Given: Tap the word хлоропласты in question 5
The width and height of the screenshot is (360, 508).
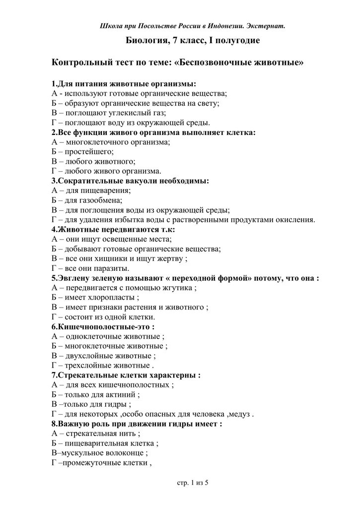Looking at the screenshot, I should coord(110,297).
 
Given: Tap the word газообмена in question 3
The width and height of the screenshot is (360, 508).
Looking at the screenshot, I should coord(100,200).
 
